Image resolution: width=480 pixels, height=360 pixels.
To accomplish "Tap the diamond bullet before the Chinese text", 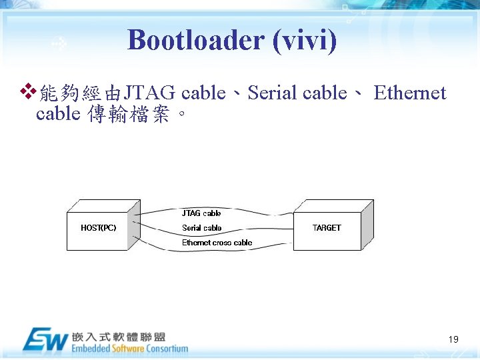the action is [x=27, y=89].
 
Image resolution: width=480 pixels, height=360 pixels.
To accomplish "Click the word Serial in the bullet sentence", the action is [x=272, y=93].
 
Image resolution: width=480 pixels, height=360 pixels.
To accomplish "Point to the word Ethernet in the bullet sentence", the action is [x=409, y=93].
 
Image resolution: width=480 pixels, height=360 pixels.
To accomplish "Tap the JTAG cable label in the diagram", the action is [x=201, y=213].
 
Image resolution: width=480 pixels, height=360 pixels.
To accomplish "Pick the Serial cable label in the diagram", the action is [x=201, y=228].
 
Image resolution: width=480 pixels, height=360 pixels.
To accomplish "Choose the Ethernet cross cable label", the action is [x=217, y=243].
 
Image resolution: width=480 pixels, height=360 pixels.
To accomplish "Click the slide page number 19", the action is [x=453, y=339].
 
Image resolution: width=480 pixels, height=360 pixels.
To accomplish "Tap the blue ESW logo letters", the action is [x=45, y=340].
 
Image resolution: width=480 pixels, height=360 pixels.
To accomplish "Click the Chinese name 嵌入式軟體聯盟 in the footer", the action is [x=119, y=337].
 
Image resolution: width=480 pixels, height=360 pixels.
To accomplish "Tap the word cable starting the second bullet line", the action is [x=58, y=115].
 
